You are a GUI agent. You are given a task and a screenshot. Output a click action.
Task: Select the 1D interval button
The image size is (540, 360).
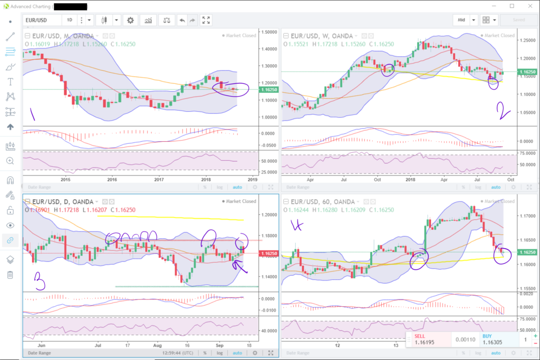click(x=69, y=20)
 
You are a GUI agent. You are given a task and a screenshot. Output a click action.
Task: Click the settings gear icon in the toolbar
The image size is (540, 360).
click(x=130, y=20)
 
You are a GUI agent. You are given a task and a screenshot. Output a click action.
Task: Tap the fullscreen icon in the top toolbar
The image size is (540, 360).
click(x=206, y=20)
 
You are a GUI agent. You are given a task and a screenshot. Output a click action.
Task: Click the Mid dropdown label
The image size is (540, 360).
click(x=461, y=20)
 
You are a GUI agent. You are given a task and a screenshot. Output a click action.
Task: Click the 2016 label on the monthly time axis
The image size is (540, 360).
click(x=112, y=179)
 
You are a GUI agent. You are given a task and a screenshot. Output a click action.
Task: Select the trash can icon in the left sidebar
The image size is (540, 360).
click(x=10, y=275)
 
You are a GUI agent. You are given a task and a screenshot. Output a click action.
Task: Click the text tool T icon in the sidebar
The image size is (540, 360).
click(x=10, y=82)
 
